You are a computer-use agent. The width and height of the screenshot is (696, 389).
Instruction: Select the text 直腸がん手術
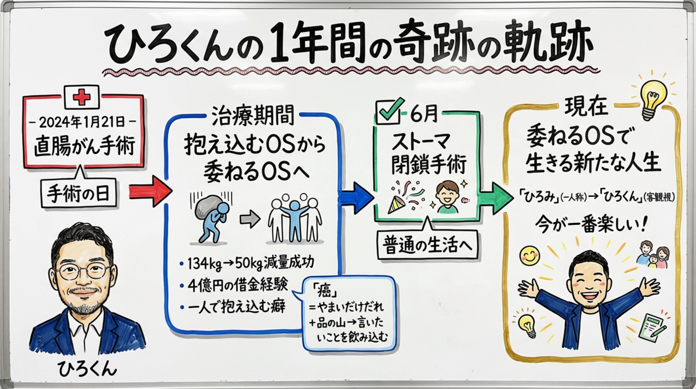[82, 145]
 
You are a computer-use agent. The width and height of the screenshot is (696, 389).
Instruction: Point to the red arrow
[150, 192]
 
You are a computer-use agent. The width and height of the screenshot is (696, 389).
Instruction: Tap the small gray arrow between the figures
[249, 218]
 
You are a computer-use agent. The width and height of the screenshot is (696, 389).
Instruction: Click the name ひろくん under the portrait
[88, 369]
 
